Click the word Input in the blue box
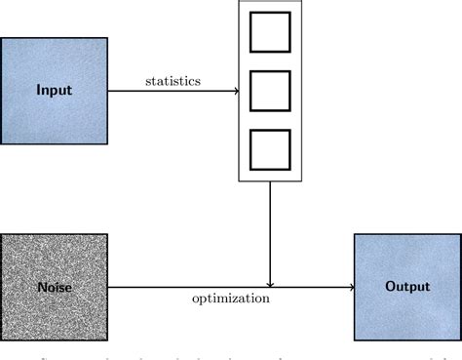tap(54, 91)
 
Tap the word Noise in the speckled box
tap(54, 288)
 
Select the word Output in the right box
tap(407, 287)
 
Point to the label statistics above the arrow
tap(173, 81)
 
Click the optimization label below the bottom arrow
tap(230, 299)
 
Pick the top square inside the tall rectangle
tap(270, 31)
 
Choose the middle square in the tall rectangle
tap(270, 91)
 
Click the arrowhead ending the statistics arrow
tap(236, 91)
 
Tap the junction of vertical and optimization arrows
tap(270, 288)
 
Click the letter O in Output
tap(391, 287)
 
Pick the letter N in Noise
tap(40, 288)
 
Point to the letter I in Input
tap(38, 91)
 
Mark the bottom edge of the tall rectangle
tap(270, 181)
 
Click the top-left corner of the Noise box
tap(2, 234)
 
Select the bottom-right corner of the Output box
tap(460, 340)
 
